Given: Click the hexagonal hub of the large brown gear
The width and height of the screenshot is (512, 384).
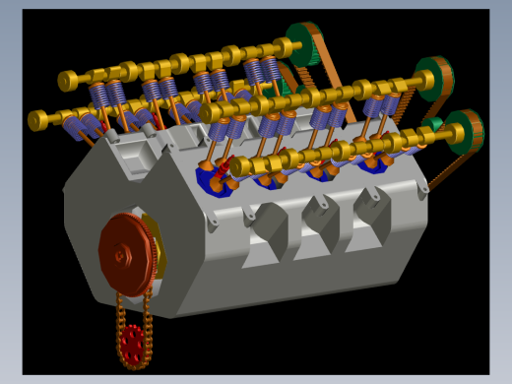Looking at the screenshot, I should pyautogui.click(x=120, y=255).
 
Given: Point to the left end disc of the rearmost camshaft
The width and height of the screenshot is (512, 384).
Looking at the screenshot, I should pyautogui.click(x=66, y=80).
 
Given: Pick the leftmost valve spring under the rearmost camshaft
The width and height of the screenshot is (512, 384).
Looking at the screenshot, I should pyautogui.click(x=99, y=95).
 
